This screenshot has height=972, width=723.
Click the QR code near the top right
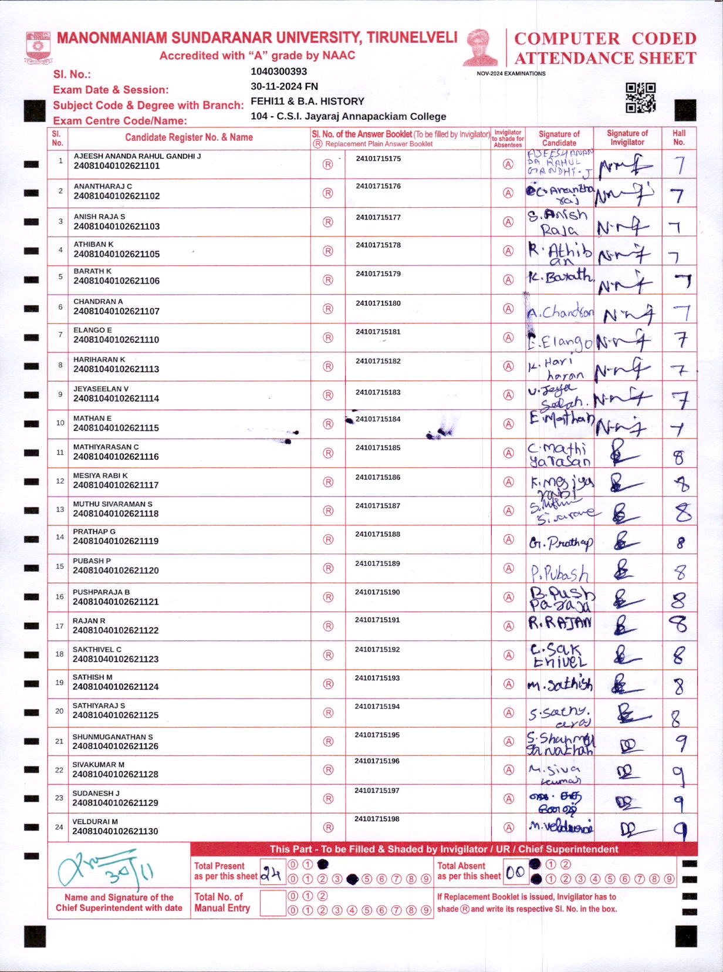click(640, 97)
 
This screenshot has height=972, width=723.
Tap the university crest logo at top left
click(39, 48)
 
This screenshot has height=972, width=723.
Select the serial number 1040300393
click(279, 72)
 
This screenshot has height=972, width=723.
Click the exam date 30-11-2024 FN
click(284, 86)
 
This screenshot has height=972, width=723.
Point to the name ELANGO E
click(93, 330)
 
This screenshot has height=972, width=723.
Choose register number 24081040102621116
click(116, 457)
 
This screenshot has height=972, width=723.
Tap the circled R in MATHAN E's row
click(328, 424)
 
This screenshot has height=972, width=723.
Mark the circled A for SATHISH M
click(508, 684)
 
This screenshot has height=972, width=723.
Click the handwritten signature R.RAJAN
click(560, 623)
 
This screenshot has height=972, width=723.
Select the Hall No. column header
click(679, 137)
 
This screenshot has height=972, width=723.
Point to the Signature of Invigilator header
click(627, 137)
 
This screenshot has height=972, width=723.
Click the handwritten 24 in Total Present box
click(271, 873)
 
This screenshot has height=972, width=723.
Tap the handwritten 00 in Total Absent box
click(515, 873)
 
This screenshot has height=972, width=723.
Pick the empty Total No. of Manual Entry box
click(272, 903)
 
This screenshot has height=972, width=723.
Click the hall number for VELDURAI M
click(680, 829)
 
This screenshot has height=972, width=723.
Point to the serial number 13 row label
click(60, 509)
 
